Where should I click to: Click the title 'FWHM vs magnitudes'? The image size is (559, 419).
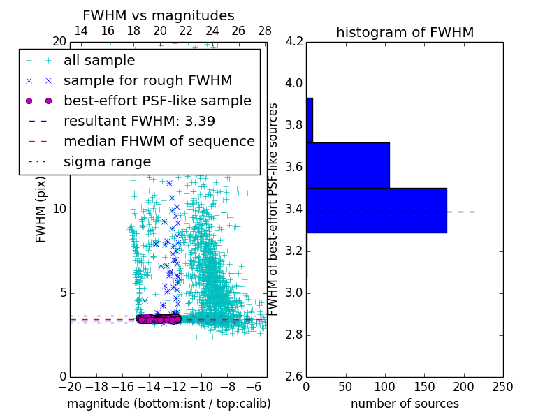pos(158,16)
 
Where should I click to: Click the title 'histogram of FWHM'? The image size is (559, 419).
pos(405,32)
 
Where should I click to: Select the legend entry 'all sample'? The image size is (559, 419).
pos(99,61)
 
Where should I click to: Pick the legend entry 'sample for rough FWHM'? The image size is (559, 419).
pos(147,81)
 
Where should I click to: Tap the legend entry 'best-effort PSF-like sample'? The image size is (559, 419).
pos(157,101)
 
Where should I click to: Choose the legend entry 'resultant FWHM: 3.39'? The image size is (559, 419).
pos(139,122)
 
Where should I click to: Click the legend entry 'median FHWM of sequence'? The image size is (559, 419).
pos(159,142)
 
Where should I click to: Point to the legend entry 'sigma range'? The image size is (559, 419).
pos(107,162)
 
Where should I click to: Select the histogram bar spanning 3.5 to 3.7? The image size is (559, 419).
pos(347,166)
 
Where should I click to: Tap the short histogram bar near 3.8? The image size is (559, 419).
pos(310,120)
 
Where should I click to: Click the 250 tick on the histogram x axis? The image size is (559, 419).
pos(502,387)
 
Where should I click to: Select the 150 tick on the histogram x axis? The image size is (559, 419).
pos(424,387)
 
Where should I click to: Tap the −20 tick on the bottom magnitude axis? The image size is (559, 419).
pos(70,387)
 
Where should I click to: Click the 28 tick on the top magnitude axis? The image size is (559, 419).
pos(265,31)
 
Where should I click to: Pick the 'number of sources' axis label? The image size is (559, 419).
pos(405,404)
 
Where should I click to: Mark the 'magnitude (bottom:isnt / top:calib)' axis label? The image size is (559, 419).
pos(168,404)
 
